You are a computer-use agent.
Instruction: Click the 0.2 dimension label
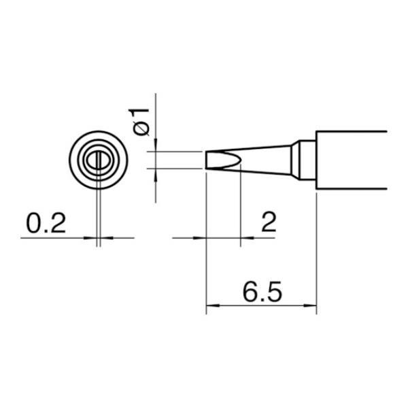(46, 223)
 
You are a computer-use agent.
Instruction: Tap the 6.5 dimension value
(262, 292)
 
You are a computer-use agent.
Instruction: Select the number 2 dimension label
(269, 222)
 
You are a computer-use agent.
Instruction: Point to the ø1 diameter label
(139, 122)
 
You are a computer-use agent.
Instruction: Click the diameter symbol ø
(141, 129)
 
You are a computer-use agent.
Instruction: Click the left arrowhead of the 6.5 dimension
(213, 306)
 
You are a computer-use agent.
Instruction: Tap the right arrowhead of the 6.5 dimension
(310, 306)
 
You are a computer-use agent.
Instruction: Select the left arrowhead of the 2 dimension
(199, 238)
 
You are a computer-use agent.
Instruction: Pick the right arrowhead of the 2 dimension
(248, 238)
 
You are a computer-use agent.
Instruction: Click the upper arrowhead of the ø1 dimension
(156, 145)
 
